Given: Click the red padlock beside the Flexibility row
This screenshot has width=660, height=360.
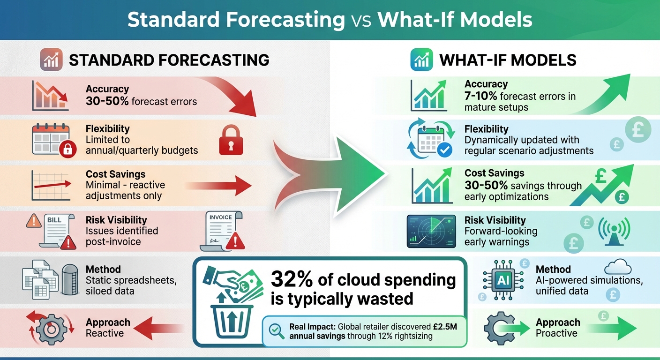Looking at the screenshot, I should (x=229, y=140).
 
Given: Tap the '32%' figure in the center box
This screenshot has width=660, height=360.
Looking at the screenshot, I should (x=291, y=280).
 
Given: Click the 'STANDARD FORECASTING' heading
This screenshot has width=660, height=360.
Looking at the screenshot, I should (x=169, y=60).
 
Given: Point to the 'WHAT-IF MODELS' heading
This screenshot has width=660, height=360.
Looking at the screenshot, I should (x=508, y=60).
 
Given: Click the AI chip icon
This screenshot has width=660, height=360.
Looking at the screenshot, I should (x=503, y=281).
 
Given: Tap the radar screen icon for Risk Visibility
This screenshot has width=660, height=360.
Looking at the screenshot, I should (x=431, y=231).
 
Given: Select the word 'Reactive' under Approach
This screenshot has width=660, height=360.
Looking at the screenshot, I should (x=105, y=333).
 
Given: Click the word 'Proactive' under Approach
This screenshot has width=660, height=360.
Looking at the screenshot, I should (x=556, y=333).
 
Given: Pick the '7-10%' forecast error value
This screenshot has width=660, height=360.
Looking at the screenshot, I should (x=481, y=97).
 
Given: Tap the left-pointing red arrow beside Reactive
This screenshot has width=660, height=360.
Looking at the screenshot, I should (x=159, y=327).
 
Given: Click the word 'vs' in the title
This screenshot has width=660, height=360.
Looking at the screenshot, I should (x=361, y=20).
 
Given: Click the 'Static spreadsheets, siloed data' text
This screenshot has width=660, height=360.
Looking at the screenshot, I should (x=131, y=286).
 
